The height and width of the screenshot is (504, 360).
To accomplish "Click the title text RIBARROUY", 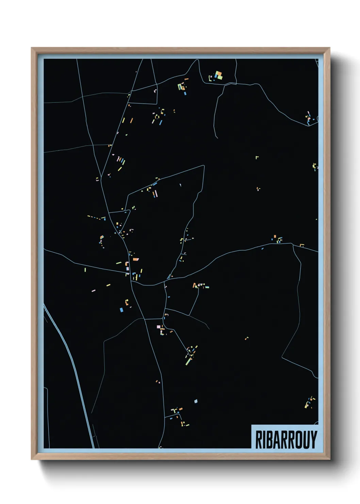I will pyautogui.click(x=286, y=439).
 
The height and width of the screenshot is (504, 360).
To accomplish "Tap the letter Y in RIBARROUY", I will pyautogui.click(x=313, y=439).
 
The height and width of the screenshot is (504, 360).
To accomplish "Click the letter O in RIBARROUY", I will pyautogui.click(x=297, y=439).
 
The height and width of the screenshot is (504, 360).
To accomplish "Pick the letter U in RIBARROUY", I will pyautogui.click(x=306, y=439).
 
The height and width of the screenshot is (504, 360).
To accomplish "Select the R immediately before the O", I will pyautogui.click(x=290, y=439).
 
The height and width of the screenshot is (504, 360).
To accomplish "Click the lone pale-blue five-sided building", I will pyautogui.click(x=196, y=401).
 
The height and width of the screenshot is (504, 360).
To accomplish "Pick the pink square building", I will pyautogui.click(x=159, y=327).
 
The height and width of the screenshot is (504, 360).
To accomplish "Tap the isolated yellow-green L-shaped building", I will pyautogui.click(x=257, y=157).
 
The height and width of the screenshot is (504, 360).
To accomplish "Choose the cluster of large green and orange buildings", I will pyautogui.click(x=218, y=75).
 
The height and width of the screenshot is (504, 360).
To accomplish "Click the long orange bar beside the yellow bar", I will pyautogui.click(x=132, y=120).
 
